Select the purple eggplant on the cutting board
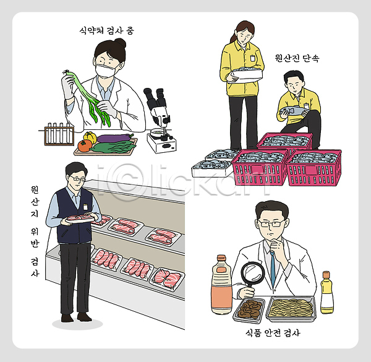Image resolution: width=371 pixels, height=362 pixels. (115, 138)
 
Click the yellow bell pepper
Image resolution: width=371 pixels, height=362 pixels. (90, 137)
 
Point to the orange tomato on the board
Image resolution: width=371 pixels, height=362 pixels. (85, 145)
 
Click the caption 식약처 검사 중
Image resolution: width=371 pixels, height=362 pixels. (107, 30)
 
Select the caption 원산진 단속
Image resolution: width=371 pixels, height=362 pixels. (297, 58)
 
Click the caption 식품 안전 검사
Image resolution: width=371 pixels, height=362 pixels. (273, 333)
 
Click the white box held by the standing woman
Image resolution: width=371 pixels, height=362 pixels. (247, 75)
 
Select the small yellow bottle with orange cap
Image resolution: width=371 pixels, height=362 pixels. (326, 293)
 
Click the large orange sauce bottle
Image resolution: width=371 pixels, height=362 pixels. (222, 285)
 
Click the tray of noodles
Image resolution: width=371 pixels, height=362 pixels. (291, 309)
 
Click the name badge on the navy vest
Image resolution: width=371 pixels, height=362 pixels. (85, 207)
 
